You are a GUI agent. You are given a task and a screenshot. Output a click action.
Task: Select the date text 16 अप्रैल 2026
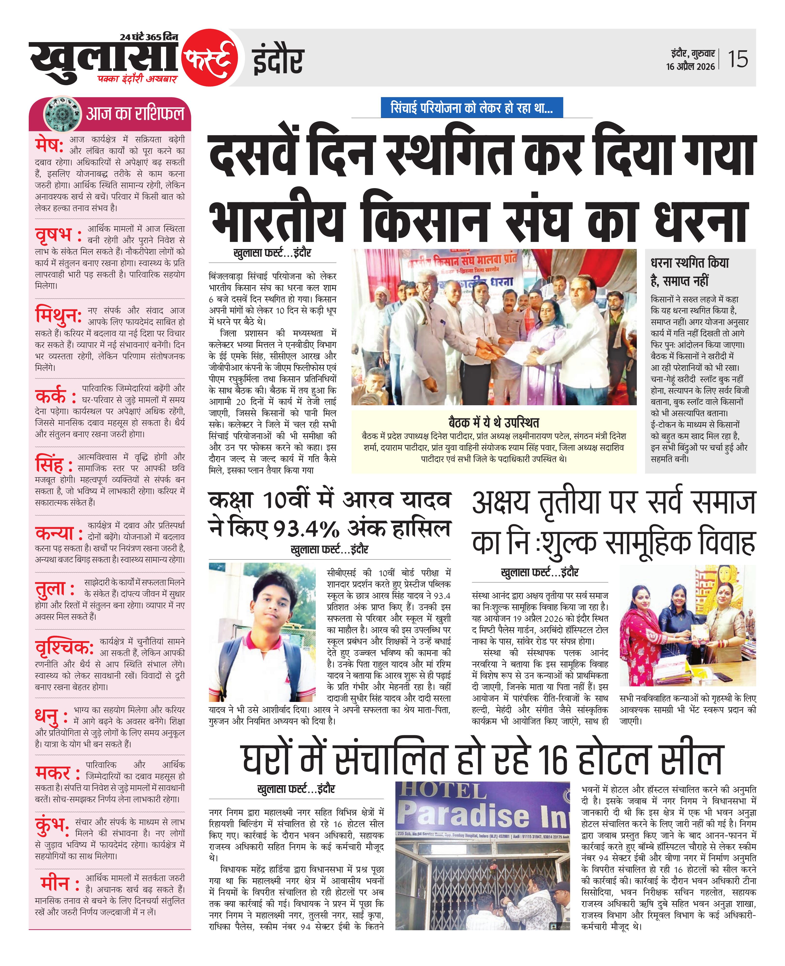click(x=691, y=66)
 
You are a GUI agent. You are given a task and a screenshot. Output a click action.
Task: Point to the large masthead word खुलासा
click(x=104, y=61)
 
